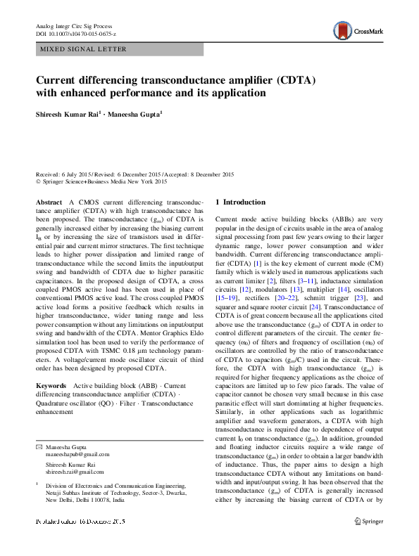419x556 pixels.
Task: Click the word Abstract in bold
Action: point(49,202)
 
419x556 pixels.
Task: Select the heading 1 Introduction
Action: point(240,202)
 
